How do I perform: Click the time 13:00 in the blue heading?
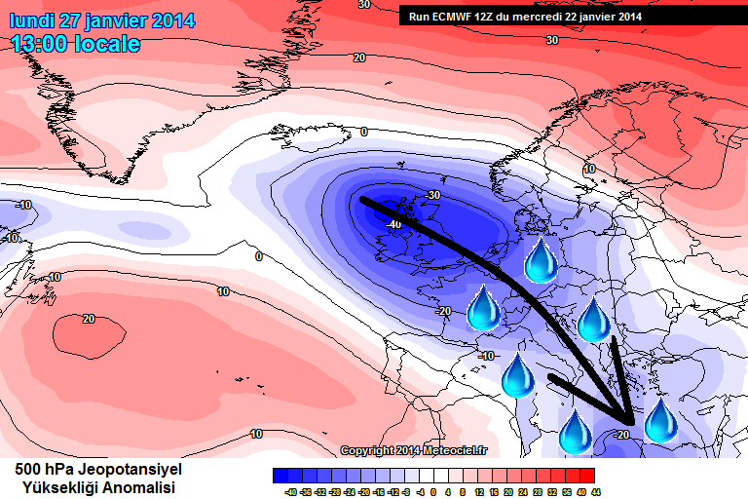(43, 44)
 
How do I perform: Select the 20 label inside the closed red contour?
(89, 319)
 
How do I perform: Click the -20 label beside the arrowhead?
(622, 435)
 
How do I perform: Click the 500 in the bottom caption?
(28, 470)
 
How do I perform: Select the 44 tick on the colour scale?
(594, 491)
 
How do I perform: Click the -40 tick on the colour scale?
(290, 491)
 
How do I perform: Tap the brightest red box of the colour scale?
(586, 476)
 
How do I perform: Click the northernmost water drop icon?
(542, 261)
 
